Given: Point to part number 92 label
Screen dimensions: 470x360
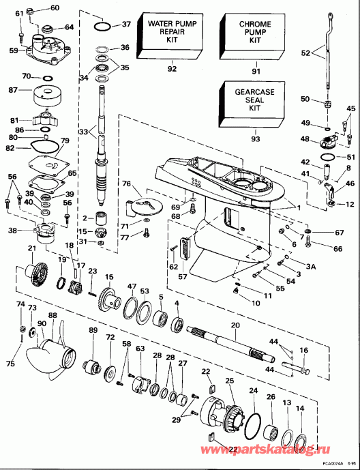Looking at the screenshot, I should [172, 68].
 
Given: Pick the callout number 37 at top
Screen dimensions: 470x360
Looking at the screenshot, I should [126, 25].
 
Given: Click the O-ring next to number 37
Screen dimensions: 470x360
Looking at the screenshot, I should [102, 26].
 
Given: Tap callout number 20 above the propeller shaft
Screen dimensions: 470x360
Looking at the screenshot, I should [236, 326].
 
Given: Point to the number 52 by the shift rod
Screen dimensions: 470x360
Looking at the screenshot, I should [305, 52].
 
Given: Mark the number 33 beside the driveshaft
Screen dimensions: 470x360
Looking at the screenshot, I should [84, 131].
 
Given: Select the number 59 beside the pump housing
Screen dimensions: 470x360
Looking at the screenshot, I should [13, 50].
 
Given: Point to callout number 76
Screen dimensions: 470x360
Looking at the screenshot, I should [126, 183].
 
